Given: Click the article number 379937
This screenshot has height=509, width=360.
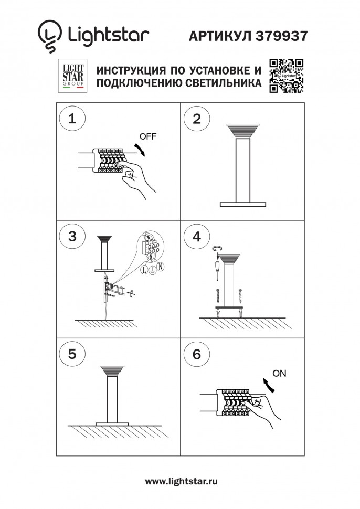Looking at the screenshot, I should click(282, 35).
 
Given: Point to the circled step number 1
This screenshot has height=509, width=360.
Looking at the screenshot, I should click(72, 118).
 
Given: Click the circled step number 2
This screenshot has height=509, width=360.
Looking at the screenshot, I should click(196, 118).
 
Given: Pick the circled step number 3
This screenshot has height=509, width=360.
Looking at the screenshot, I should click(72, 236).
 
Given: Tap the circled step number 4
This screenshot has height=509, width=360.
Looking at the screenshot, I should click(196, 236).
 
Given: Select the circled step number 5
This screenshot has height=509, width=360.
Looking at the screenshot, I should click(72, 354).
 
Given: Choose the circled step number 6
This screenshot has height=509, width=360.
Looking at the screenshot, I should click(196, 354).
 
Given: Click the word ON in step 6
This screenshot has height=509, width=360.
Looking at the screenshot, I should click(280, 374).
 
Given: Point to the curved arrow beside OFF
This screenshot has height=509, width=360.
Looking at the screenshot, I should click(140, 149).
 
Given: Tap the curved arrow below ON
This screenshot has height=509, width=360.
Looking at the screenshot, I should click(269, 386).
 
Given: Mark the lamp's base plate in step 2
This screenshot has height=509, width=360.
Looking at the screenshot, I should click(243, 204).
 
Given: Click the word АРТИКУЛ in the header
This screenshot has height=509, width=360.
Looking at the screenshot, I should click(221, 35).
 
